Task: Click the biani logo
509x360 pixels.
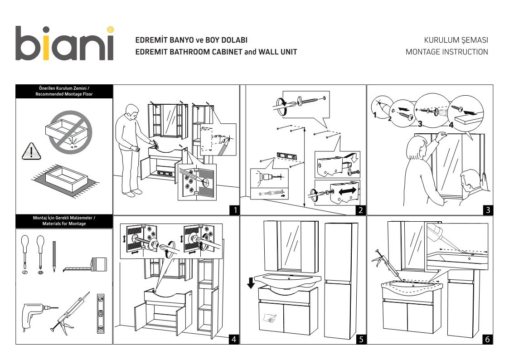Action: tap(64, 44)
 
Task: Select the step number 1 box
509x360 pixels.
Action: tap(234, 210)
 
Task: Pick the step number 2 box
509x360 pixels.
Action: tap(360, 210)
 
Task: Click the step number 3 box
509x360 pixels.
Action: tap(487, 210)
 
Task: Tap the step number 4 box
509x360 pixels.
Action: tap(234, 339)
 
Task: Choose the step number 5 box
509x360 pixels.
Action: tap(360, 339)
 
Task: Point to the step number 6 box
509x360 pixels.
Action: tap(487, 339)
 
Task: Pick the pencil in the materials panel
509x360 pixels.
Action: tap(54, 256)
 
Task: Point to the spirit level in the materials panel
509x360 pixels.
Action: tap(101, 313)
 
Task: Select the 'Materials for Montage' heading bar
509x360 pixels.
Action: tap(64, 221)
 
